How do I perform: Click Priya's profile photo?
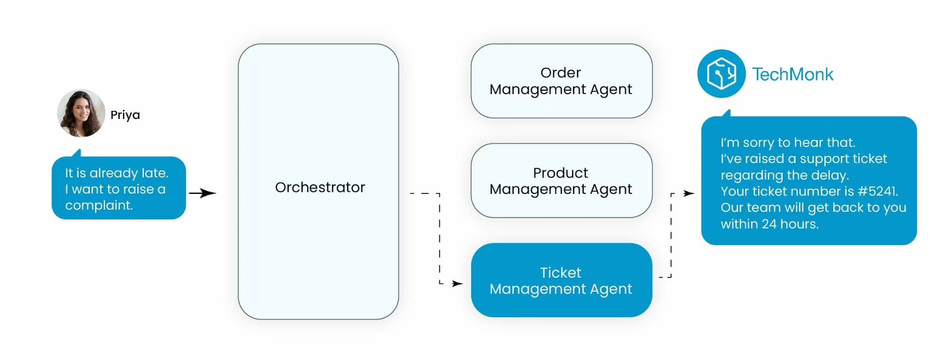[81, 113]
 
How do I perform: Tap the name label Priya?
[125, 115]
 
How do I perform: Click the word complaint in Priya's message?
[99, 205]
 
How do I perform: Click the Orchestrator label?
[320, 187]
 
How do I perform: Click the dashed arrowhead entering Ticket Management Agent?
[457, 284]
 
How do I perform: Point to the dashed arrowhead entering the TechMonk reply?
[689, 193]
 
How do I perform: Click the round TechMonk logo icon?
[721, 74]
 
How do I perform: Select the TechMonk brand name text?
[792, 74]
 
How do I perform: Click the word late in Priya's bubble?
[154, 173]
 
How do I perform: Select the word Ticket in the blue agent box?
[560, 273]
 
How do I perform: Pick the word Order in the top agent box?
[560, 73]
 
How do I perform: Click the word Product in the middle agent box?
[560, 173]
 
